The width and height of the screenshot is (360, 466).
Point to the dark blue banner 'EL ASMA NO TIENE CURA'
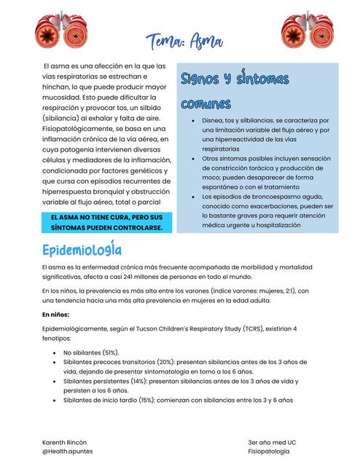pyautogui.click(x=106, y=223)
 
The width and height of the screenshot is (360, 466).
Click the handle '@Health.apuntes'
pyautogui.click(x=67, y=451)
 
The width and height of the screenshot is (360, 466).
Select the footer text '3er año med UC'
pyautogui.click(x=272, y=442)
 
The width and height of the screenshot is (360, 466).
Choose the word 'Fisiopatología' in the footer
pyautogui.click(x=268, y=451)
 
